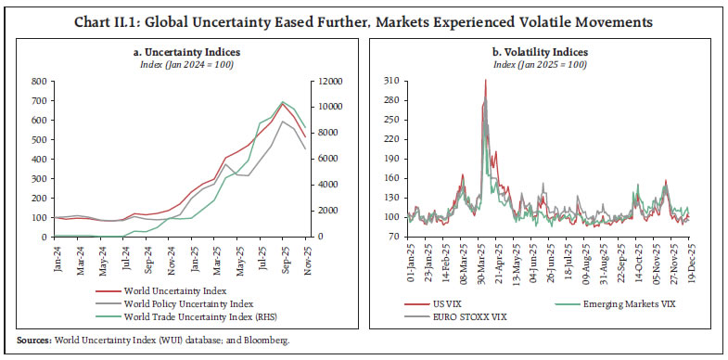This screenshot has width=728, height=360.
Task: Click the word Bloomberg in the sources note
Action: point(265,341)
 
